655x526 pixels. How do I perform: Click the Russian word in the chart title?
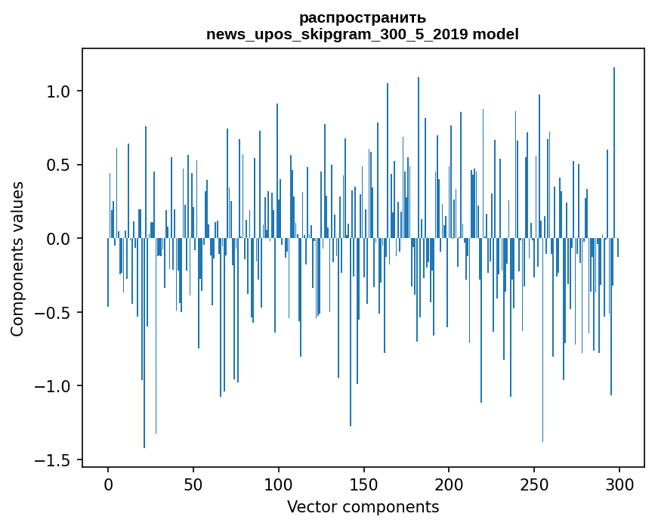click(363, 17)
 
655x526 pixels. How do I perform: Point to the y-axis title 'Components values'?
click(17, 258)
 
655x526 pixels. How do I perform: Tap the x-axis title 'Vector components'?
click(363, 506)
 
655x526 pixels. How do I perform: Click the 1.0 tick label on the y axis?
click(57, 91)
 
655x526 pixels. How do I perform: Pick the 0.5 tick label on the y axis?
click(57, 166)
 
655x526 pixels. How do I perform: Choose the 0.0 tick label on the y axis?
click(57, 239)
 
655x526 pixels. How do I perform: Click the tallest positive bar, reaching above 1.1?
click(614, 151)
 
